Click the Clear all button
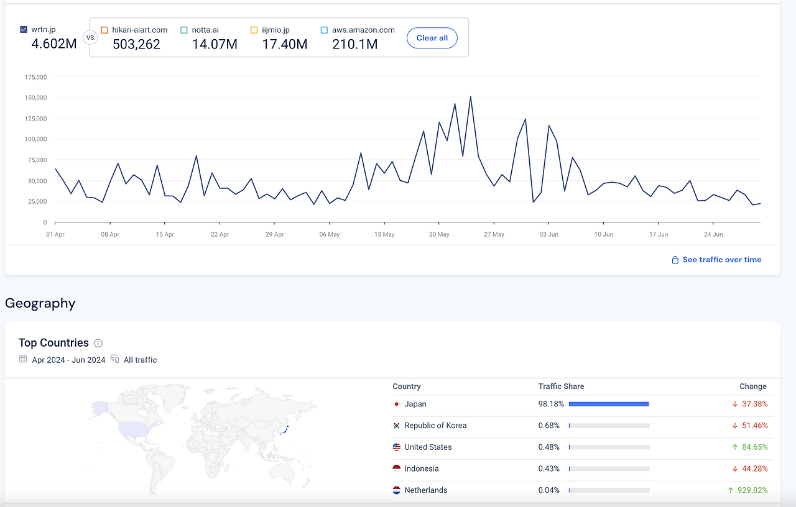click(x=432, y=38)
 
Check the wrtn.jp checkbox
click(x=24, y=29)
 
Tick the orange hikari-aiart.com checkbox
click(x=104, y=30)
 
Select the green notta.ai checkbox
click(x=184, y=30)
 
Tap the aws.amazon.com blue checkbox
click(x=324, y=30)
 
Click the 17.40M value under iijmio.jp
click(x=285, y=44)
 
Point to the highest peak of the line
click(x=471, y=96)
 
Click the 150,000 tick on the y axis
click(x=35, y=98)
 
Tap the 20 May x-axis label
click(x=439, y=234)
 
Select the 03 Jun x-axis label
click(x=548, y=234)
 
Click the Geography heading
click(x=40, y=303)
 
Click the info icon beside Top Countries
click(x=98, y=344)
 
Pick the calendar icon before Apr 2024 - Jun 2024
click(x=23, y=359)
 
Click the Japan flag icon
click(x=397, y=404)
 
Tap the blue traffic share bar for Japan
click(x=609, y=404)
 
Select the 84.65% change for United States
click(x=755, y=447)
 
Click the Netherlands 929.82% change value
click(x=752, y=490)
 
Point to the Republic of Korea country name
click(x=435, y=426)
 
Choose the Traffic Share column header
click(x=561, y=386)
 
